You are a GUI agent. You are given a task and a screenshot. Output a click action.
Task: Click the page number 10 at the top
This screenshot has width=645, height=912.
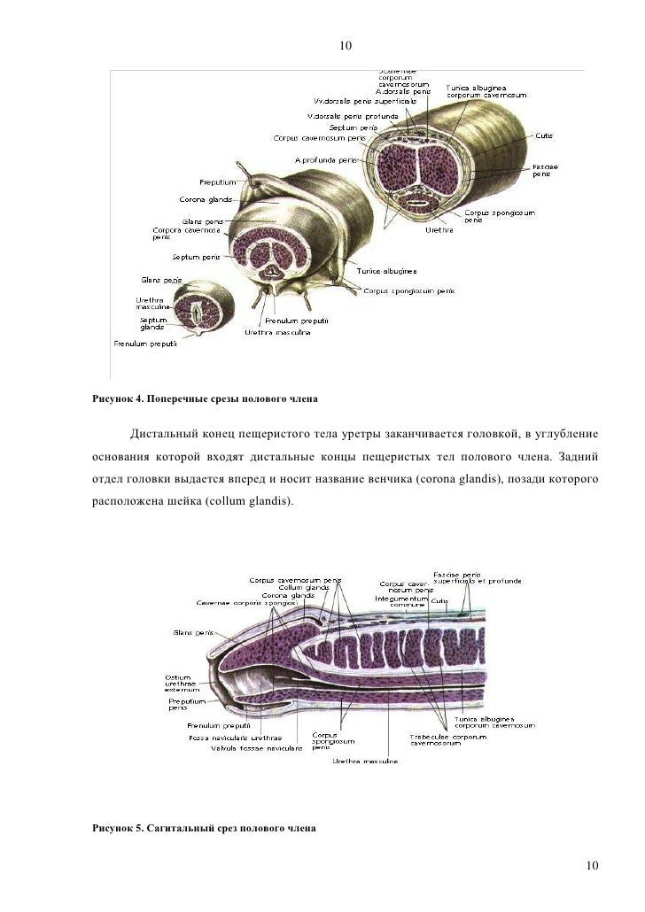tap(346, 46)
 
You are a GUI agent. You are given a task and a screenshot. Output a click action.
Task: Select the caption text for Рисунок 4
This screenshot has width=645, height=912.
tap(205, 400)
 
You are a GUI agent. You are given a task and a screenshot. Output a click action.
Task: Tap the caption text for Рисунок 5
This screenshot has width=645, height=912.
tap(203, 830)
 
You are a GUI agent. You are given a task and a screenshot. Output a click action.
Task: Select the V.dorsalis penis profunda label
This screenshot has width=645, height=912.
tap(352, 116)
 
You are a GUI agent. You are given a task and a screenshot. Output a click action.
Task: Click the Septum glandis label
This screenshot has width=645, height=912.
tap(154, 324)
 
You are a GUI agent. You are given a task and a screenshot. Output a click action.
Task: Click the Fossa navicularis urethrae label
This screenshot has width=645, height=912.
tap(236, 737)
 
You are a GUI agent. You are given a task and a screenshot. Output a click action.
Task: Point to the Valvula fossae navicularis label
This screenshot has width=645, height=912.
tap(256, 747)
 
